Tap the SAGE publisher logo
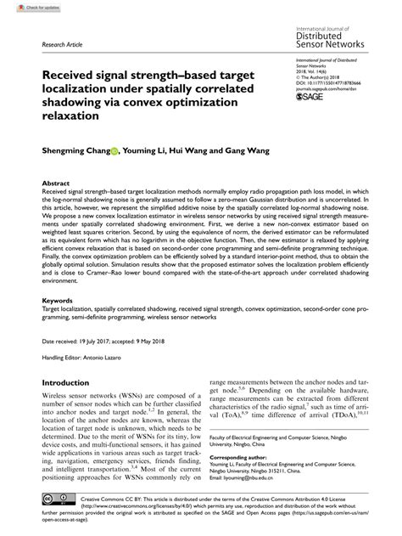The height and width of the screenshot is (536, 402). (x=310, y=99)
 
